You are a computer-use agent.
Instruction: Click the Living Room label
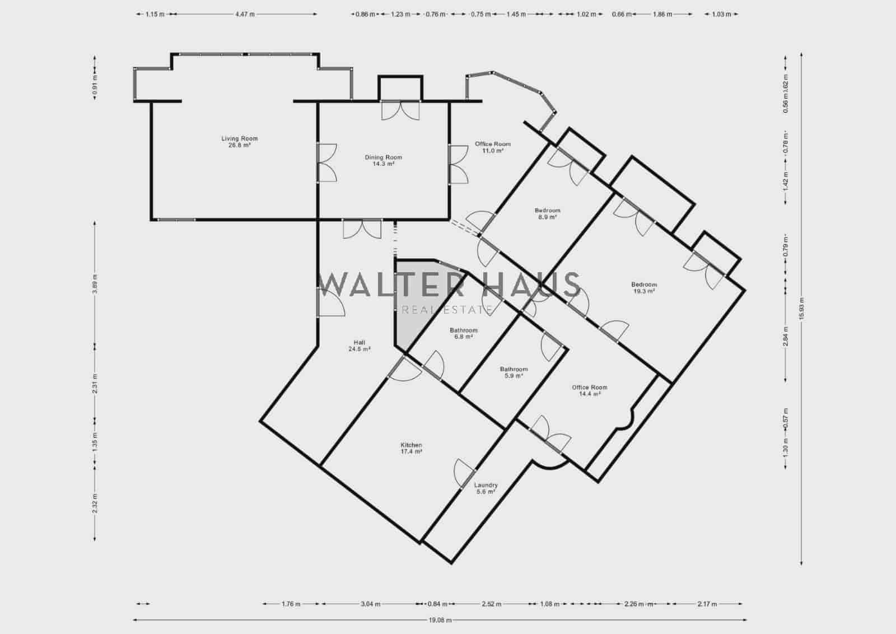[x=239, y=138]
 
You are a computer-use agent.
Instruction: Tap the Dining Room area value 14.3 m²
[x=384, y=164]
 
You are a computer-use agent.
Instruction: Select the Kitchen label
[x=411, y=445]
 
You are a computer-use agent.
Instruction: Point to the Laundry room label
[x=486, y=485]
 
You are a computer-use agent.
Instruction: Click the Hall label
[x=359, y=342]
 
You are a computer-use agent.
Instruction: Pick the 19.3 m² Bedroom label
[x=643, y=285]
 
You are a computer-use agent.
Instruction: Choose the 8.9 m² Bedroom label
[x=547, y=211]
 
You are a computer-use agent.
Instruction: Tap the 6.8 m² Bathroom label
[x=463, y=330]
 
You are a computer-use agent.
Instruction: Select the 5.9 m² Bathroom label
[x=514, y=369]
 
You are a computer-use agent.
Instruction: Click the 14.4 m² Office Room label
[x=589, y=387]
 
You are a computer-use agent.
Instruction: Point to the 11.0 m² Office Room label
[x=493, y=144]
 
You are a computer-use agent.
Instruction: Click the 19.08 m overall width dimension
[x=440, y=620]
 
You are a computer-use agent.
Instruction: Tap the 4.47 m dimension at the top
[x=245, y=15]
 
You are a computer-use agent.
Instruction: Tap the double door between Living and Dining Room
[x=326, y=162]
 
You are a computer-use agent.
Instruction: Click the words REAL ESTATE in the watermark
[x=447, y=310]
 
